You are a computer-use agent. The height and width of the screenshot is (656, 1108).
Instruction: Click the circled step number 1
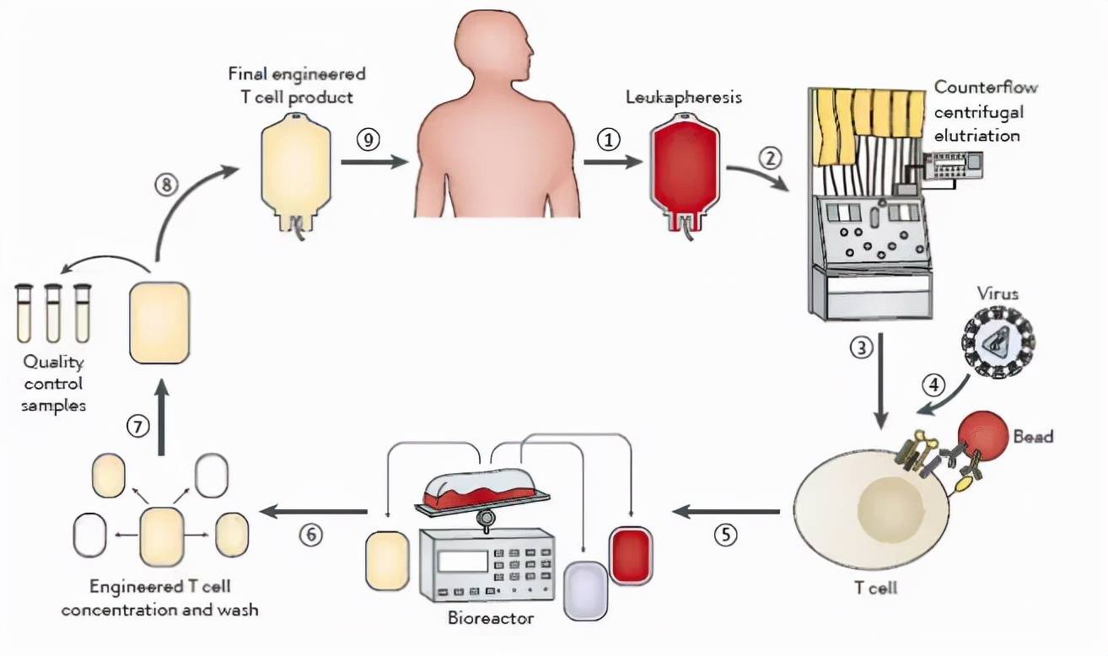point(608,139)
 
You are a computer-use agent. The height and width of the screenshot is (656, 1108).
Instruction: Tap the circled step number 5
point(724,535)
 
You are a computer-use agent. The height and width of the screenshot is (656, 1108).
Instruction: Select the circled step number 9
point(367,139)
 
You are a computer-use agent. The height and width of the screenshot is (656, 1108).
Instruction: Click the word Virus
point(998,294)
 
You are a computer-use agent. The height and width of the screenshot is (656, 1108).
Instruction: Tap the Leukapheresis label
point(683,97)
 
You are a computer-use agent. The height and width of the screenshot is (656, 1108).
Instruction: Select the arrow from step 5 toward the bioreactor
point(725,511)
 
